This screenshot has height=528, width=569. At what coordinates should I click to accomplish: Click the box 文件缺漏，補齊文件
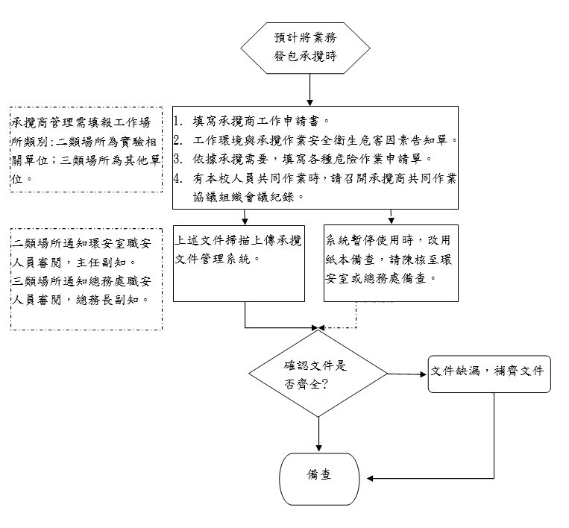pyautogui.click(x=489, y=373)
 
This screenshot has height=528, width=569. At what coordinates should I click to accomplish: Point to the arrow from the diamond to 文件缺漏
pyautogui.click(x=407, y=374)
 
